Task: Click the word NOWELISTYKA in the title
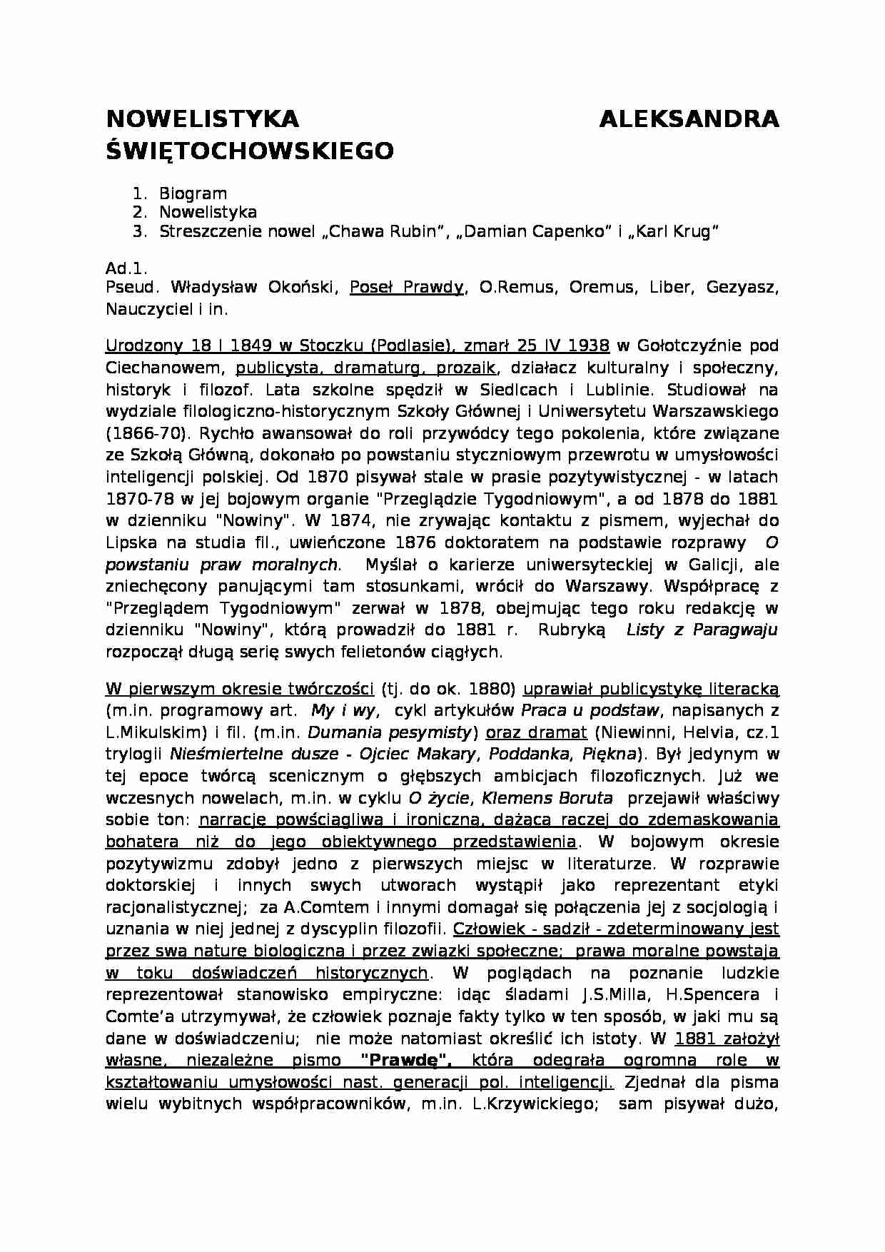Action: point(202,118)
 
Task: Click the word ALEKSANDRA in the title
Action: point(689,118)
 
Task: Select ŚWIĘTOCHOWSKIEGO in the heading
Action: point(249,151)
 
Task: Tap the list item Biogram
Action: point(193,193)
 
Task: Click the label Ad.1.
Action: point(126,269)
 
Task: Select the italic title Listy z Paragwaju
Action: point(702,630)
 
